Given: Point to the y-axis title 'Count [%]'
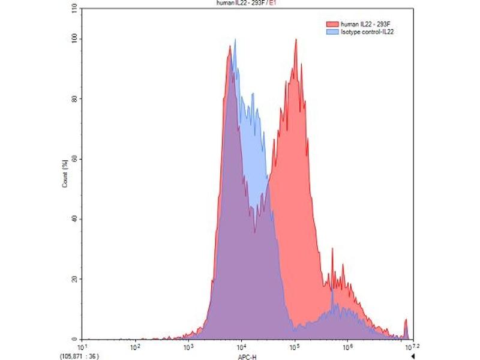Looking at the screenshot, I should coord(65,174).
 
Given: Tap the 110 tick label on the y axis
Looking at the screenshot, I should coord(73,9).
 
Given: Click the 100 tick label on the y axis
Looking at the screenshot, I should coord(73,39).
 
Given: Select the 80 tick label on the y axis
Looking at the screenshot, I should coord(74,99).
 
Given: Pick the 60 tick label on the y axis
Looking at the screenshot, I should coord(74,159).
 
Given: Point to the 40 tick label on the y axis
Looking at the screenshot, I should coord(74,219).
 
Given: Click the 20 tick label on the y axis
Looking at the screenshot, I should coord(74,279).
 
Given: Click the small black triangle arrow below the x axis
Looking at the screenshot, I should coord(413,355).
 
